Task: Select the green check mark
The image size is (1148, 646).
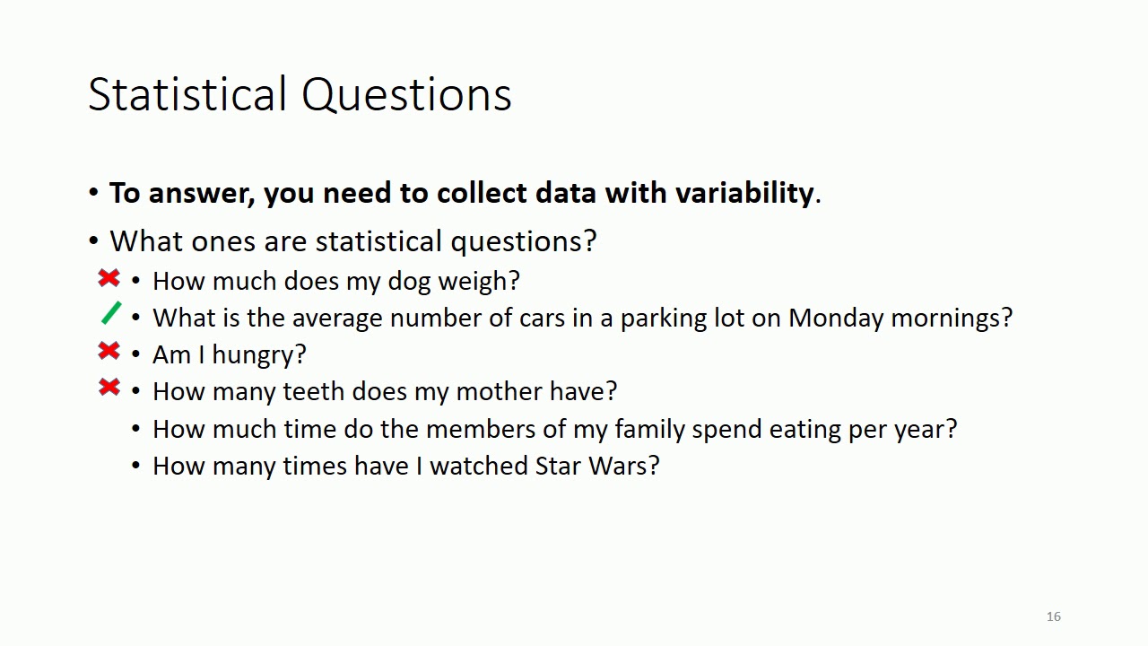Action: [111, 313]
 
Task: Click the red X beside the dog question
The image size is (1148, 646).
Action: [109, 279]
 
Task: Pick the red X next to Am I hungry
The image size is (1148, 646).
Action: [109, 352]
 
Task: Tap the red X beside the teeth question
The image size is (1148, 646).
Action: [109, 388]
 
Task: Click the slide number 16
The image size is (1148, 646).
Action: [1053, 616]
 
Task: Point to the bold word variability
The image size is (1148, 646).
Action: [744, 193]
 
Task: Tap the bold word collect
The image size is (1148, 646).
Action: [482, 193]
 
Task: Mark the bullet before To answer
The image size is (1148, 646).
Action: [94, 193]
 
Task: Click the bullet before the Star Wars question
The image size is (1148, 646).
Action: [136, 466]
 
